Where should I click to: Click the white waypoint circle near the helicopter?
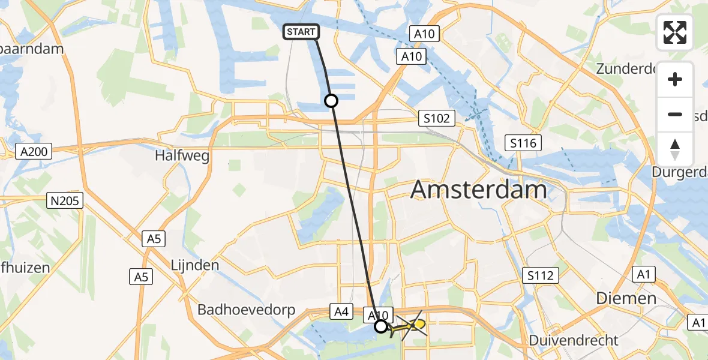tap(381, 326)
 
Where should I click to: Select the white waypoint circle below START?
tap(331, 101)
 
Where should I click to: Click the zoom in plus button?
tap(675, 79)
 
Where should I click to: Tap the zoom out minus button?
tap(675, 114)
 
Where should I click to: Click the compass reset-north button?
tap(675, 149)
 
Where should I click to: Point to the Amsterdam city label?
tap(479, 191)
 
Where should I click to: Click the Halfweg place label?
tap(182, 156)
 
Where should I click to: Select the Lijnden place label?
tap(194, 265)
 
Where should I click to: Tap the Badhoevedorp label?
tap(247, 310)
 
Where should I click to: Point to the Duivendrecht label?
tap(574, 340)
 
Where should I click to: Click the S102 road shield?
tap(436, 118)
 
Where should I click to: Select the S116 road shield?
tap(523, 143)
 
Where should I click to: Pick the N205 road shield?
tap(65, 200)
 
